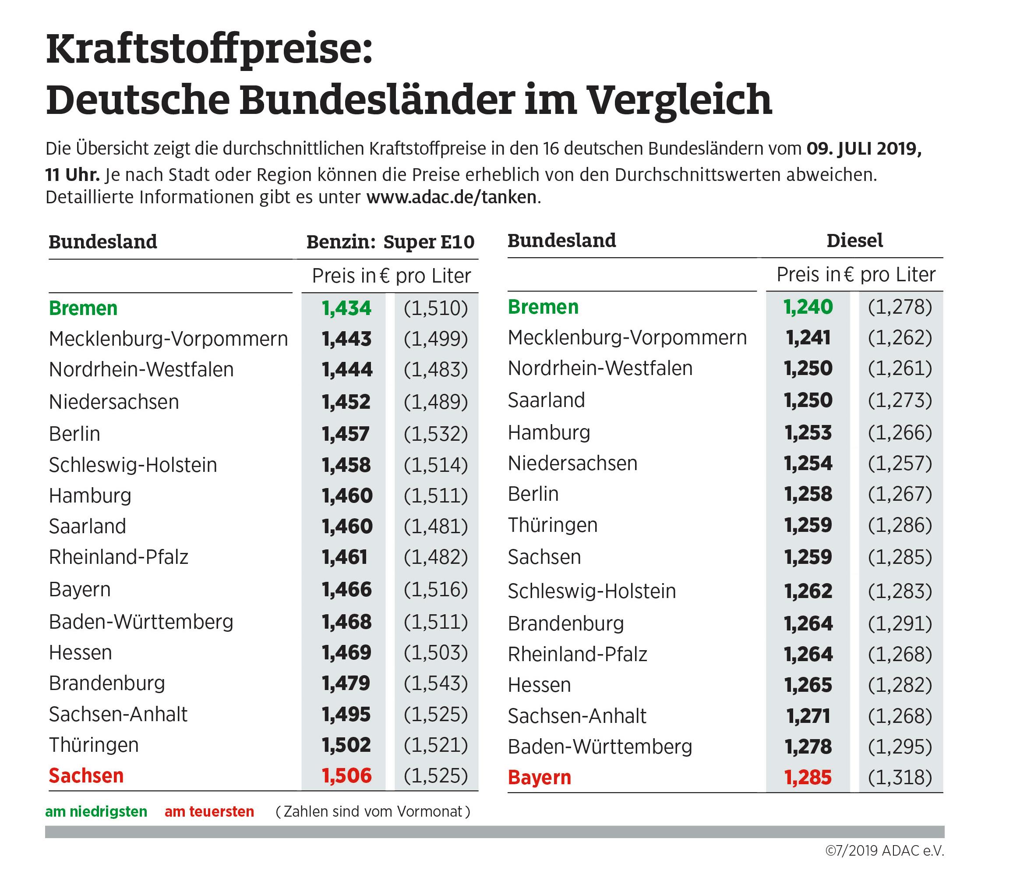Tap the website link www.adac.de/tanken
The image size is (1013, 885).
point(451,197)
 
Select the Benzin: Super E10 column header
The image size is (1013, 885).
point(390,242)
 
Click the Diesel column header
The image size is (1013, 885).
point(854,241)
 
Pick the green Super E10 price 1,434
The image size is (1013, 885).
point(346,308)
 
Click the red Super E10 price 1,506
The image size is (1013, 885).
point(346,775)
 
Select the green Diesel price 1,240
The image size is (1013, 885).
point(808,307)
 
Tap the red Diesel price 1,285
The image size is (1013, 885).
point(808,777)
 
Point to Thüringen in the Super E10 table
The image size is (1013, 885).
point(94,745)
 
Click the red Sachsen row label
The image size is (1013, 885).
point(86,775)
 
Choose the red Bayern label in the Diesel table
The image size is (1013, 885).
point(539,777)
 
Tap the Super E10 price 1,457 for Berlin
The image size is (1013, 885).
point(346,434)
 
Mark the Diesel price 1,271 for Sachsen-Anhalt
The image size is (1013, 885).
point(808,715)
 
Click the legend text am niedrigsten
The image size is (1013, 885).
point(96,811)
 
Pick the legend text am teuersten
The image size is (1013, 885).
point(209,811)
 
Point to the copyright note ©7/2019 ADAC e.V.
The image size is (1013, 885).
point(884,850)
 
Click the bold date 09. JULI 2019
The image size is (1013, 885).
point(864,149)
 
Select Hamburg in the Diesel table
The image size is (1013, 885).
point(549,432)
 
